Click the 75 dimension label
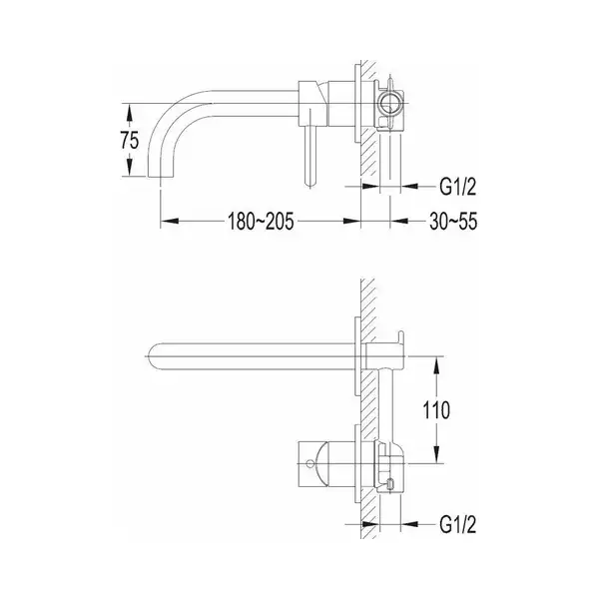(130, 140)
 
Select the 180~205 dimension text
(261, 222)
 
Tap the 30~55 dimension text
(453, 222)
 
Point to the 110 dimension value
(436, 410)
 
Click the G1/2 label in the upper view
(458, 187)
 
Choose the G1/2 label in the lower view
(458, 524)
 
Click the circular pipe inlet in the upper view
(389, 104)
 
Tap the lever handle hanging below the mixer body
(310, 155)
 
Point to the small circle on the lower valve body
(309, 464)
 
